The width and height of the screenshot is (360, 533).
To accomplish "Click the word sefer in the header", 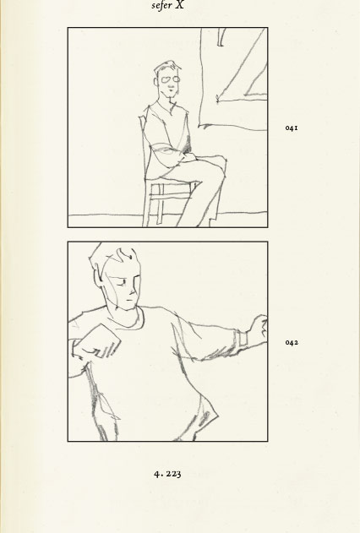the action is pos(161,6).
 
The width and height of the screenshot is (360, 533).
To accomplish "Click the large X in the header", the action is pos(179,5).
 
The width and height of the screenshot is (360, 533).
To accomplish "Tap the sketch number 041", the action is pos(292,128).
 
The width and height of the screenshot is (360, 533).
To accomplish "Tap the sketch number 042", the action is pos(292,342).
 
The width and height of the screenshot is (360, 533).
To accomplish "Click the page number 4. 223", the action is pos(167,474).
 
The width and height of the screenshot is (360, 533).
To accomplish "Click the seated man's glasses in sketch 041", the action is pos(171,80).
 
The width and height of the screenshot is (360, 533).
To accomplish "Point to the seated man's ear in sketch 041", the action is pos(156,82).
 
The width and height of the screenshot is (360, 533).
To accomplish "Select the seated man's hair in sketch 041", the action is pos(166,67).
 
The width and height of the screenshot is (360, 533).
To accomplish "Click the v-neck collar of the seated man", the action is pos(167,107).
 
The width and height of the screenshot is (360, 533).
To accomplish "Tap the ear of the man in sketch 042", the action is pos(99,278).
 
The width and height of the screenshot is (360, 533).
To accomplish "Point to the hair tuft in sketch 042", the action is pos(125,255).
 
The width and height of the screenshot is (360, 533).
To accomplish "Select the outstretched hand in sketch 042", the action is pos(259,328).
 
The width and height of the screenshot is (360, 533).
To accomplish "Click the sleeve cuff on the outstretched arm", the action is pos(240,340).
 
